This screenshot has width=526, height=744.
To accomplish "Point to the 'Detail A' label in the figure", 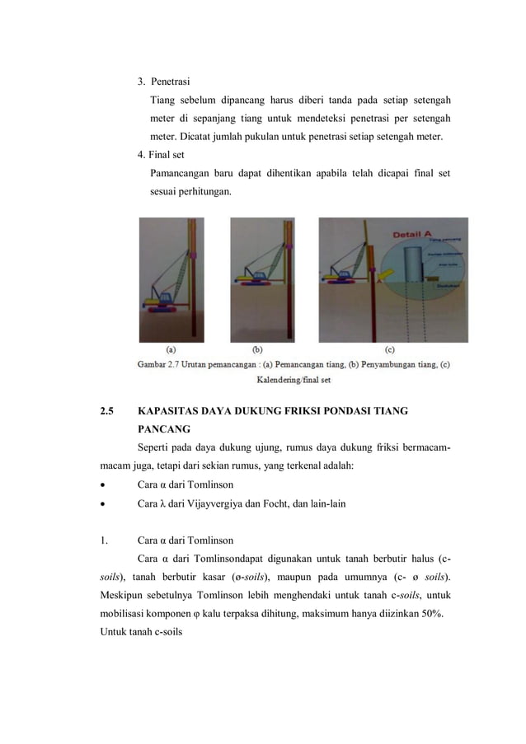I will pyautogui.click(x=413, y=235).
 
